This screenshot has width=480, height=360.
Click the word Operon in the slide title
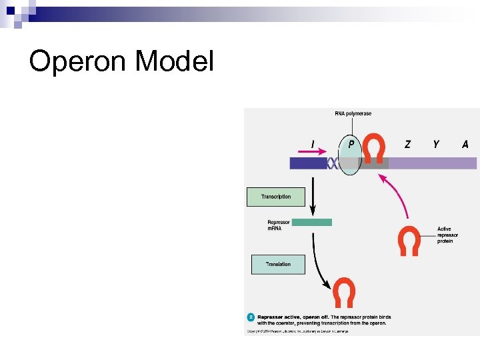pos(78,62)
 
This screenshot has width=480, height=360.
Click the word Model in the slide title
pos(174,62)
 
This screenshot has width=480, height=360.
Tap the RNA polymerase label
pos(353,114)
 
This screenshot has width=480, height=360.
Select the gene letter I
pos(313,144)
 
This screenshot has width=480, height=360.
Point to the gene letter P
pos(351,144)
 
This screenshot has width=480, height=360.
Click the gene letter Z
pos(408,144)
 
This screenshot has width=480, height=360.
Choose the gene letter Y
pos(436,144)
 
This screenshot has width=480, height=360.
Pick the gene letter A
pos(465,144)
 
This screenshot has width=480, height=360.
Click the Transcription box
pos(276,197)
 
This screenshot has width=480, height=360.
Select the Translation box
pos(278,264)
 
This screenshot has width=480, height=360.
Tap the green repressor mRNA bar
pos(311,222)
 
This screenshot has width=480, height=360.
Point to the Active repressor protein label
pos(445,235)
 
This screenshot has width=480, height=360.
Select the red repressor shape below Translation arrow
pos(344,293)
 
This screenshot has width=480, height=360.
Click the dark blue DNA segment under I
pos(307,163)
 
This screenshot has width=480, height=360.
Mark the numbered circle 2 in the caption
pos(251,317)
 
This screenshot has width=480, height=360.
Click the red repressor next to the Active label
pos(409,241)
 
